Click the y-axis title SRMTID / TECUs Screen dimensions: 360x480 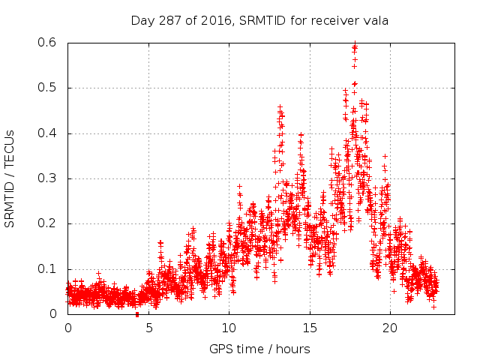pyautogui.click(x=10, y=178)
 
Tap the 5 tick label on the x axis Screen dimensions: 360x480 pyautogui.click(x=148, y=328)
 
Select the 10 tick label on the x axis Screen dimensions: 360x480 pyautogui.click(x=229, y=328)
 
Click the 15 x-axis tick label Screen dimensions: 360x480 pyautogui.click(x=310, y=328)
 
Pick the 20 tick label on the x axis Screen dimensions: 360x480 pyautogui.click(x=390, y=328)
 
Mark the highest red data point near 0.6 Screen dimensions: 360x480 pyautogui.click(x=355, y=44)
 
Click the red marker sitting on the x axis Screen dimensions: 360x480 pyautogui.click(x=136, y=315)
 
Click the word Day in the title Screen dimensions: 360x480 pyautogui.click(x=142, y=19)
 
